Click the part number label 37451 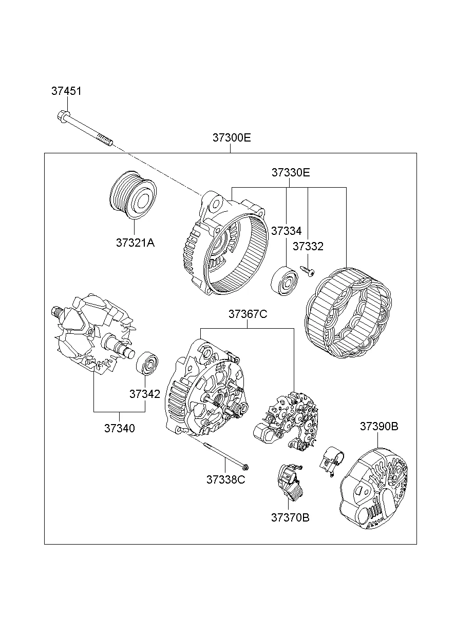[66, 91]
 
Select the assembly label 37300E [232, 138]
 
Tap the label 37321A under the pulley [135, 243]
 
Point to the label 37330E [291, 173]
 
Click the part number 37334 [286, 231]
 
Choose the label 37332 [308, 247]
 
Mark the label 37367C [248, 314]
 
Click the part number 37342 [144, 394]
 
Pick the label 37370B [290, 517]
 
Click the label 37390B [378, 426]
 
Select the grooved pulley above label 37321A [133, 195]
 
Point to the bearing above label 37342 [147, 365]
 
